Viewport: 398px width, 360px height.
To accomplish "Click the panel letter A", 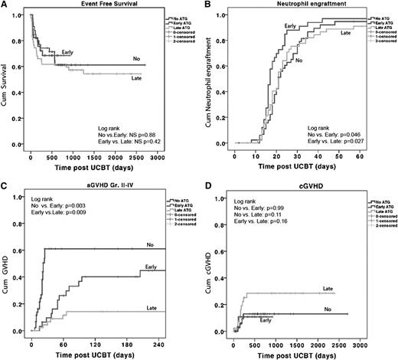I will click(x=5, y=5).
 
